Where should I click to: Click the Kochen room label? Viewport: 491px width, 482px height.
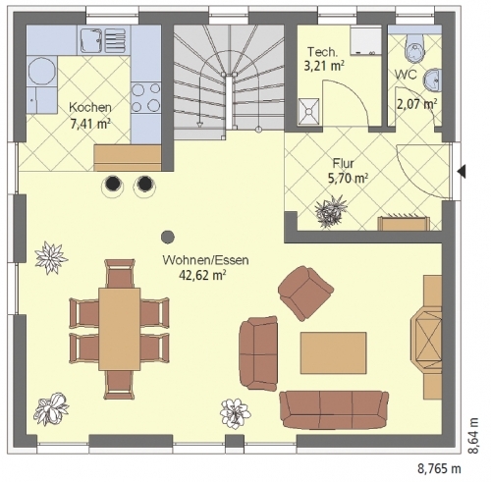[x=90, y=107]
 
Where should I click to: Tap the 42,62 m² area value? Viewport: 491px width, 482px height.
[x=202, y=275]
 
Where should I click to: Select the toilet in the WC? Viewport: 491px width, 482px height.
[x=414, y=47]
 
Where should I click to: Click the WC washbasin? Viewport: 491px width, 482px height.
[x=433, y=80]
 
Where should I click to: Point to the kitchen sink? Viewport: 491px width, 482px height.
[x=90, y=40]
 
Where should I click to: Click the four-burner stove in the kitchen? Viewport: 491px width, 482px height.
[x=145, y=97]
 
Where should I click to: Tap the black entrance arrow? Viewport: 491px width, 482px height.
[x=462, y=171]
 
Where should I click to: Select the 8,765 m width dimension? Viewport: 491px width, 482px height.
[x=440, y=469]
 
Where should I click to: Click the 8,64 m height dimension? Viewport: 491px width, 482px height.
[x=473, y=436]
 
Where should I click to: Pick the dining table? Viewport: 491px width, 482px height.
[x=120, y=329]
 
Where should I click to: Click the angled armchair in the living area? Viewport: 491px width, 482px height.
[x=305, y=293]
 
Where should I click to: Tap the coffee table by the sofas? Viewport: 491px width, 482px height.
[x=334, y=352]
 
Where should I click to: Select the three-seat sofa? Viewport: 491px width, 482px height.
[x=334, y=409]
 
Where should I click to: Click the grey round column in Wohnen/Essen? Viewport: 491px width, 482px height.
[x=168, y=237]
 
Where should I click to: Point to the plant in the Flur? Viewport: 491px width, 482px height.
[x=331, y=211]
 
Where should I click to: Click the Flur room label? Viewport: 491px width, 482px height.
[x=344, y=163]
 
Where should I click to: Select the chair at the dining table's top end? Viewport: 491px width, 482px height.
[x=120, y=274]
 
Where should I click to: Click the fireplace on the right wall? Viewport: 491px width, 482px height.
[x=427, y=338]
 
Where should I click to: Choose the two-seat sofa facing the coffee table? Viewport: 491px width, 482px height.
[x=258, y=353]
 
